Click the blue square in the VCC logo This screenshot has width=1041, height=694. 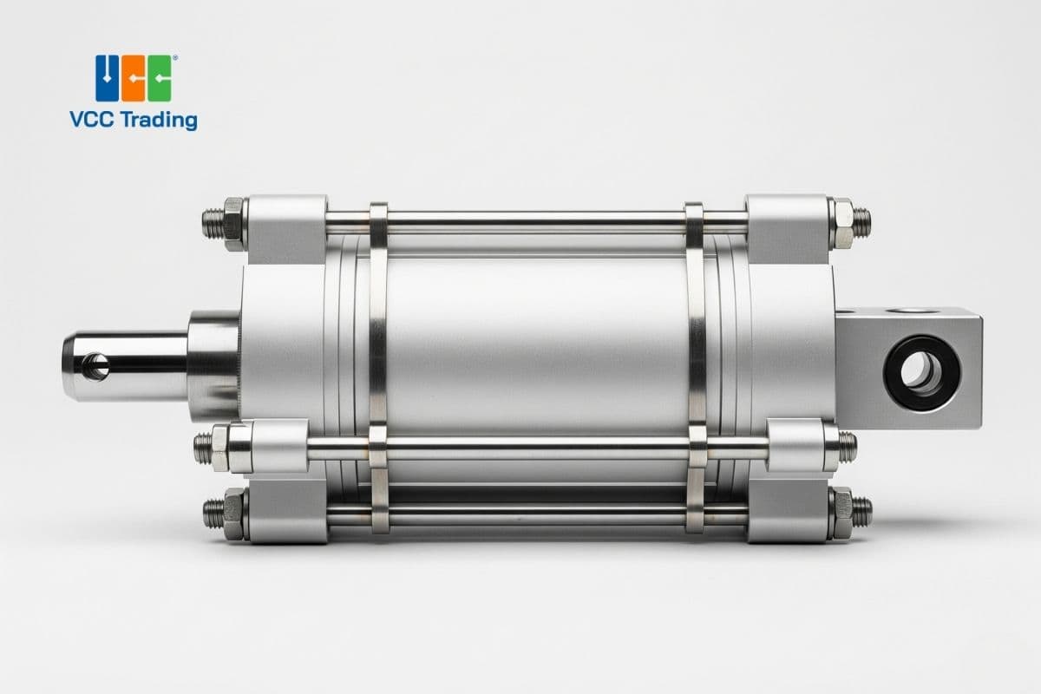107,78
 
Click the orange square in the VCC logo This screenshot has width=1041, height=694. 134,78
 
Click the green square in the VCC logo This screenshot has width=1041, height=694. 160,78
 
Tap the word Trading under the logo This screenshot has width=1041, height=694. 159,121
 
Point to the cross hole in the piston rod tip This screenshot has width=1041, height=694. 96,367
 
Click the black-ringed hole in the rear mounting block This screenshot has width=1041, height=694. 922,373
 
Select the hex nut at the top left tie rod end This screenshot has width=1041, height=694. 233,224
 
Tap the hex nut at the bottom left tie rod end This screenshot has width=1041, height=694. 233,514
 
